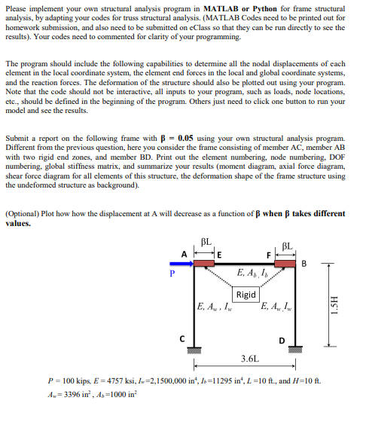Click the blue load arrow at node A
181,263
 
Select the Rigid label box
246,295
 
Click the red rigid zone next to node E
205,262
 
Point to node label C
183,338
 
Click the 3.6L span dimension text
249,358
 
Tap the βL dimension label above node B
286,246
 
